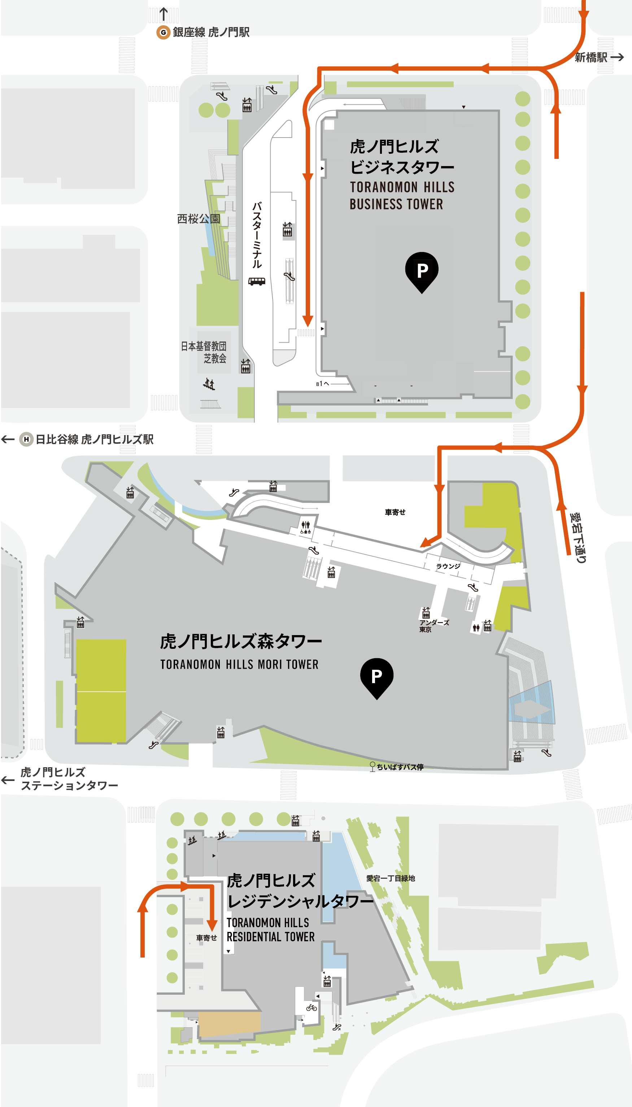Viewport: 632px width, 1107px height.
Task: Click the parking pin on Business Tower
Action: [x=422, y=270]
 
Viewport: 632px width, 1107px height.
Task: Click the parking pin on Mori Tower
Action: [x=377, y=676]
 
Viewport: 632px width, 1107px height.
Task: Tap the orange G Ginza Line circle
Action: [x=163, y=32]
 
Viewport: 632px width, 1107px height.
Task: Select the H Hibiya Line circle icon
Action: [x=26, y=439]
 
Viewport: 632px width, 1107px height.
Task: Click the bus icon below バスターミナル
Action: [x=257, y=281]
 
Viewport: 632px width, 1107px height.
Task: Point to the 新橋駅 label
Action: [x=591, y=57]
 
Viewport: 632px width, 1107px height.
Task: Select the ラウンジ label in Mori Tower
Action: [x=448, y=566]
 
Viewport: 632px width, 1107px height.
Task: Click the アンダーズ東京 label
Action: [x=433, y=626]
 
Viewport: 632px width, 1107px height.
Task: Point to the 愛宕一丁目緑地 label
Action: [x=390, y=878]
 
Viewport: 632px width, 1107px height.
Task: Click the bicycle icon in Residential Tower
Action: [x=311, y=1008]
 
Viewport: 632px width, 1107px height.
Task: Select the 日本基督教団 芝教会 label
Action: [x=204, y=352]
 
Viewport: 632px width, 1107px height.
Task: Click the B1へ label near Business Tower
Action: [x=323, y=384]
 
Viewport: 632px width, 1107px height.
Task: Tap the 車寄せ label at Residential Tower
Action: [x=206, y=938]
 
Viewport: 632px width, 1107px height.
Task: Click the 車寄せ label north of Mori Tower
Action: [x=395, y=512]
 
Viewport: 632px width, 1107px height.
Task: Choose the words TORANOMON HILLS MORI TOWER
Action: [x=239, y=665]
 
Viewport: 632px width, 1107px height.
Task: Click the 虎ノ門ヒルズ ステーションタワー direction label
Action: [x=69, y=779]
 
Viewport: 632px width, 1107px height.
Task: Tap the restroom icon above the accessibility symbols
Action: [x=306, y=524]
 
